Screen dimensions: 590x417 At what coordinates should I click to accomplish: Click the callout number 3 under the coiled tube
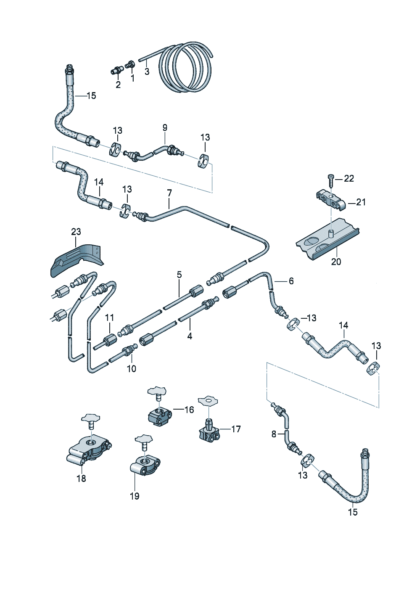(147, 72)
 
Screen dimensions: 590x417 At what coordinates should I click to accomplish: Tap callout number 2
(118, 85)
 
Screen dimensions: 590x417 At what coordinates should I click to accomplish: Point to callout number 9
(165, 127)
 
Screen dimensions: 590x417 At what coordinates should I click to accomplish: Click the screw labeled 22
(331, 180)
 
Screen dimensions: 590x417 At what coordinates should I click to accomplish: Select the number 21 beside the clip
(361, 202)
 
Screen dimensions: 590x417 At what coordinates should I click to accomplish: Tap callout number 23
(76, 232)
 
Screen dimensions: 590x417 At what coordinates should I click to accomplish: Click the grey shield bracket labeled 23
(78, 259)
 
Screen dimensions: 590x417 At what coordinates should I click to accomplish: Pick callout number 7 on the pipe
(169, 193)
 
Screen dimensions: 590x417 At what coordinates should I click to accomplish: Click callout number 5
(179, 275)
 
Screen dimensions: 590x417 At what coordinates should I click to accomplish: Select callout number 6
(291, 281)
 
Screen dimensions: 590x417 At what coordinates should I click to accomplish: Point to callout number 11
(109, 317)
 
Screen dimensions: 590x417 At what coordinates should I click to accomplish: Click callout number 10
(132, 369)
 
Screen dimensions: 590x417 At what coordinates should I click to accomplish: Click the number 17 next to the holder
(236, 429)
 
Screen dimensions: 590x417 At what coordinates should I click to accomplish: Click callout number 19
(135, 496)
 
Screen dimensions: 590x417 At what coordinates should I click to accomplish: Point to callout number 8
(274, 434)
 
